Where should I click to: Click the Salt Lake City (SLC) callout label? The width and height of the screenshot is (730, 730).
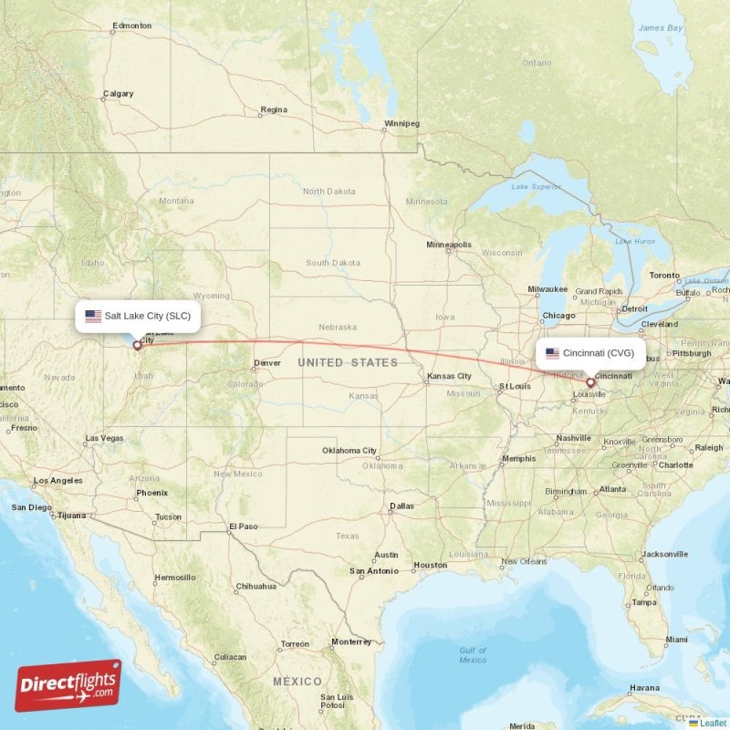pyautogui.click(x=138, y=317)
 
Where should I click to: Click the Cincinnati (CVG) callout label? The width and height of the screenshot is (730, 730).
pyautogui.click(x=590, y=353)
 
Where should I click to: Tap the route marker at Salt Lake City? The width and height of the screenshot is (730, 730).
pyautogui.click(x=138, y=345)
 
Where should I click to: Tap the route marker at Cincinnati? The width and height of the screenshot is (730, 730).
pyautogui.click(x=589, y=382)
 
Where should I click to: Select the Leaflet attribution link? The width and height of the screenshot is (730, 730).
pyautogui.click(x=712, y=723)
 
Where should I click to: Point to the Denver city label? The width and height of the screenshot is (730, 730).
pyautogui.click(x=268, y=362)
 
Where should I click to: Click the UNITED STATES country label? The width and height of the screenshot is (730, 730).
pyautogui.click(x=348, y=362)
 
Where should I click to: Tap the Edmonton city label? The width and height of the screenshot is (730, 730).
pyautogui.click(x=130, y=26)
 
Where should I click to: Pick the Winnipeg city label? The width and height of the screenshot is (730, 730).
pyautogui.click(x=401, y=123)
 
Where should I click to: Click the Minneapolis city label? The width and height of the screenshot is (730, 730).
pyautogui.click(x=449, y=245)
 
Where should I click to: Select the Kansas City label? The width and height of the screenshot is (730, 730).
pyautogui.click(x=449, y=376)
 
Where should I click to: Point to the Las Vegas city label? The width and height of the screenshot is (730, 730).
pyautogui.click(x=104, y=439)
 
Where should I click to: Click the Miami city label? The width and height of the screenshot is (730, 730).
pyautogui.click(x=675, y=640)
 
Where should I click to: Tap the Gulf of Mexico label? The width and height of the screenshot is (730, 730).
pyautogui.click(x=473, y=655)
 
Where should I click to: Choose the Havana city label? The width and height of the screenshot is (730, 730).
pyautogui.click(x=644, y=687)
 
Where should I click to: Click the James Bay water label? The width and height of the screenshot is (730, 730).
pyautogui.click(x=660, y=28)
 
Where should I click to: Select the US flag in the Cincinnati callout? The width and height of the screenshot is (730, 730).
pyautogui.click(x=552, y=353)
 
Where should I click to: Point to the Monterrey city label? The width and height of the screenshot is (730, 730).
pyautogui.click(x=350, y=641)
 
